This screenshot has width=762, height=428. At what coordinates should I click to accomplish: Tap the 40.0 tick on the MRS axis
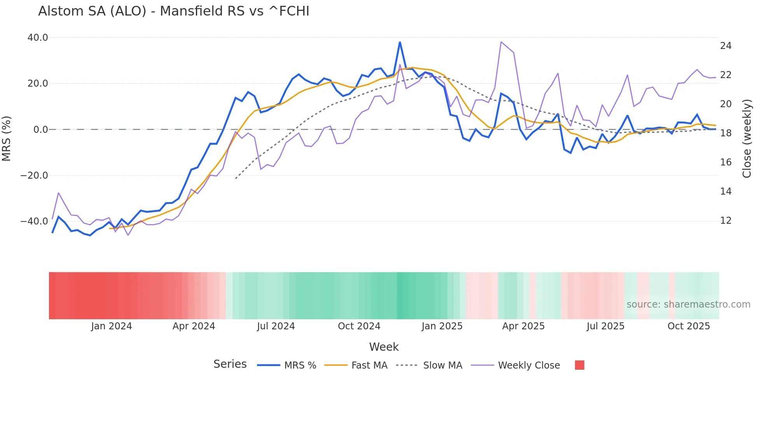point(38,38)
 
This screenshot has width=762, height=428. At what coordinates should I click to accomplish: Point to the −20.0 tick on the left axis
point(34,176)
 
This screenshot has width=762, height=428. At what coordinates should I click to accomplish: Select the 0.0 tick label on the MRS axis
point(40,130)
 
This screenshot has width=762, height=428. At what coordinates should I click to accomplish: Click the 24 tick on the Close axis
point(725,46)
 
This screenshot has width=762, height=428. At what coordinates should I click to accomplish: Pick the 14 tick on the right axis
point(725,191)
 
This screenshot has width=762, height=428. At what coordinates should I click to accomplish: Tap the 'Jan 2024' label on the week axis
point(112,326)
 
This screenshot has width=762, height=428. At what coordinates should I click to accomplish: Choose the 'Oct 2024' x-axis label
point(359,326)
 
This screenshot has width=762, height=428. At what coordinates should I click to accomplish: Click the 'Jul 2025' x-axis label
point(605,326)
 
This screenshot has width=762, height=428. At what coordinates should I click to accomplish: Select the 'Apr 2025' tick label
point(523,326)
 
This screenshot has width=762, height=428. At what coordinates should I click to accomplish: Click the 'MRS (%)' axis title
point(7,138)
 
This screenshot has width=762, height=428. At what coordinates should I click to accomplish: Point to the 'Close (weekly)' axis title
point(747,139)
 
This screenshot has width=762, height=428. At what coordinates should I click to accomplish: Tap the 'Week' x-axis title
point(384,347)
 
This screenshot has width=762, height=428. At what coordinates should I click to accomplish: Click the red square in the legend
point(579,365)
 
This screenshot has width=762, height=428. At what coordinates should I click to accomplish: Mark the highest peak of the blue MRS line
point(400,42)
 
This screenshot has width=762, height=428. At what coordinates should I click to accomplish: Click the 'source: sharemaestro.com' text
point(688,304)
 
